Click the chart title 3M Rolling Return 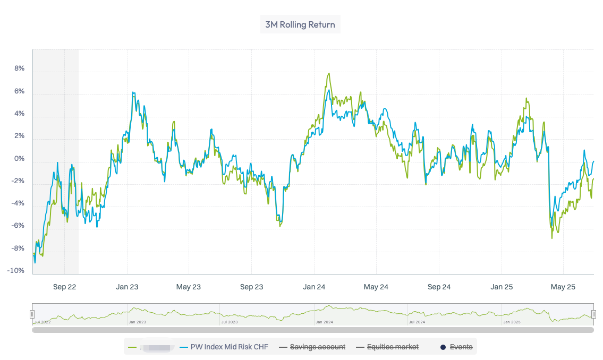(300, 24)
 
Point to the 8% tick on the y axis (19, 68)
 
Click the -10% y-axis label (16, 271)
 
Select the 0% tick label (19, 159)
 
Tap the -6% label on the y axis (18, 226)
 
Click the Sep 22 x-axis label (64, 287)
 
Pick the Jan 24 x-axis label (314, 287)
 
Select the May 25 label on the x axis (563, 287)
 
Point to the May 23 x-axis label (189, 287)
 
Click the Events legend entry (461, 347)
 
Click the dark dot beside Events (443, 347)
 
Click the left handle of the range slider (32, 314)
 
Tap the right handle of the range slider (593, 314)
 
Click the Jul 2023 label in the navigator (230, 322)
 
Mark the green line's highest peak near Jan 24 (329, 73)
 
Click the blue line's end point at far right (593, 161)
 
